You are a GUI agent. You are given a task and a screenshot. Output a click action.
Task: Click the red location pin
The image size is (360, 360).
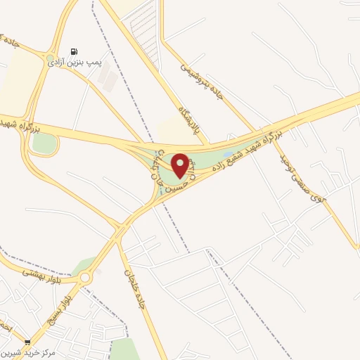pyautogui.click(x=180, y=165)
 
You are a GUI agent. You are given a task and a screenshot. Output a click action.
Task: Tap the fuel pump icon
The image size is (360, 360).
pyautogui.click(x=75, y=51)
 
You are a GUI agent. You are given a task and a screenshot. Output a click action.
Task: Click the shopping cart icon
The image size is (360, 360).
pyautogui.click(x=27, y=342)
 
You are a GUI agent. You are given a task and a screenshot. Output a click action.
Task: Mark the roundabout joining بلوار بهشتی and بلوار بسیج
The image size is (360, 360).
pyautogui.click(x=86, y=278)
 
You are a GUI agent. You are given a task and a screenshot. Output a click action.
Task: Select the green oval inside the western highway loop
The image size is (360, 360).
pyautogui.click(x=44, y=143)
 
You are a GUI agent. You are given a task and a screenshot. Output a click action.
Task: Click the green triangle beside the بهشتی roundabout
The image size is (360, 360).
pyautogui.click(x=84, y=264)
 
